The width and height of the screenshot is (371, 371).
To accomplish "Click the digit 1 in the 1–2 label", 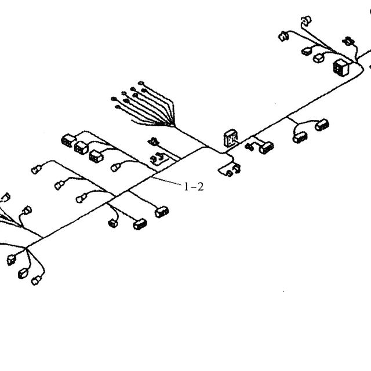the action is tap(186, 187).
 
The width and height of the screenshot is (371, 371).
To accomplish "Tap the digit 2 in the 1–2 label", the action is tap(200, 187).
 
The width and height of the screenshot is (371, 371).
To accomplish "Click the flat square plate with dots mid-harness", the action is tap(231, 138).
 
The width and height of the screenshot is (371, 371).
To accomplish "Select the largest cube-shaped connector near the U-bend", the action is tap(341, 68).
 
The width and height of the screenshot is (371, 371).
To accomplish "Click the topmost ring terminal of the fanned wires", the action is tap(141, 83).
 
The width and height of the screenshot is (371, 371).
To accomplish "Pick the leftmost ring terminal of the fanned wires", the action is tap(114, 99).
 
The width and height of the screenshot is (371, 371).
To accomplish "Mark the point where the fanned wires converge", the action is tap(174, 126).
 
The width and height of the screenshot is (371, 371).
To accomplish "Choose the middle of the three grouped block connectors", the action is tap(81, 148).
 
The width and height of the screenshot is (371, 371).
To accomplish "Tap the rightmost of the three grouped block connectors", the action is tap(96, 157).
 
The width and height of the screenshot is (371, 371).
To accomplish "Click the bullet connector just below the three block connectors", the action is tap(116, 168).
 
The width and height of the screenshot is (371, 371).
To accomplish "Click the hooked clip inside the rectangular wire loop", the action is tap(157, 158).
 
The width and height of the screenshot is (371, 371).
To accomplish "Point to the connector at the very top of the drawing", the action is tap(306, 20).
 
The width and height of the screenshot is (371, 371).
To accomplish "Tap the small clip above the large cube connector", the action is tap(348, 41).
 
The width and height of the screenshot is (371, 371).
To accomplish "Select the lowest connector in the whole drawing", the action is tap(36, 281).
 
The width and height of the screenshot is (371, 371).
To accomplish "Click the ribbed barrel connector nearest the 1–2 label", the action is tap(162, 212).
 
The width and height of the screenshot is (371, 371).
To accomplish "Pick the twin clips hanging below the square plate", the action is tap(234, 170).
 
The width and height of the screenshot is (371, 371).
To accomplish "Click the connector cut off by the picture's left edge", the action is tap(5, 198).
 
